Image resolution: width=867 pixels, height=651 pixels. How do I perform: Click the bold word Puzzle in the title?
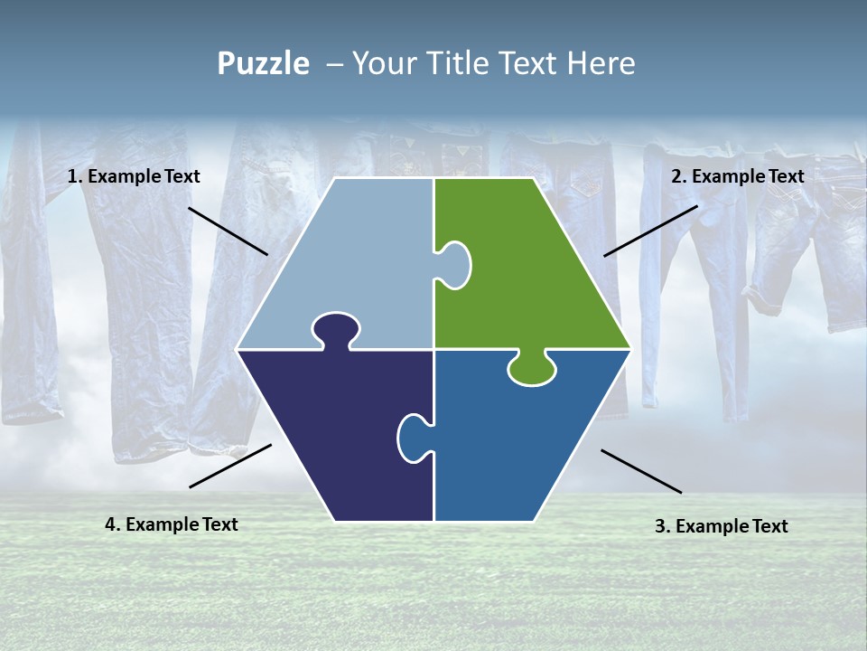click(263, 64)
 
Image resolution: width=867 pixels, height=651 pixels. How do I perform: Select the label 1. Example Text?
click(134, 177)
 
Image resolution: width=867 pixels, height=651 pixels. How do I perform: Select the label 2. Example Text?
click(737, 177)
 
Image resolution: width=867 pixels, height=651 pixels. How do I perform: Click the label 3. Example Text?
click(721, 526)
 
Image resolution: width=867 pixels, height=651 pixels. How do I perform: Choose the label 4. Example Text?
click(172, 524)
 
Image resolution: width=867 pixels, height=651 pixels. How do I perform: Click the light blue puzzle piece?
click(361, 262)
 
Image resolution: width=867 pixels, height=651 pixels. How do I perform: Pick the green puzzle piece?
click(524, 271)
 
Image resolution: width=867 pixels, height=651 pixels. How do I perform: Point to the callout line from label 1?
click(228, 231)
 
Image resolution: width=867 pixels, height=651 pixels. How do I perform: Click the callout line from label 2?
click(650, 231)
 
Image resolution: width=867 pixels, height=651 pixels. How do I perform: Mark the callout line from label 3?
click(641, 471)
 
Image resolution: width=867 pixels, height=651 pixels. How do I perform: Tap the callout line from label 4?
click(230, 466)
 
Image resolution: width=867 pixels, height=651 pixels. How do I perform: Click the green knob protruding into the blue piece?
click(532, 368)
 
